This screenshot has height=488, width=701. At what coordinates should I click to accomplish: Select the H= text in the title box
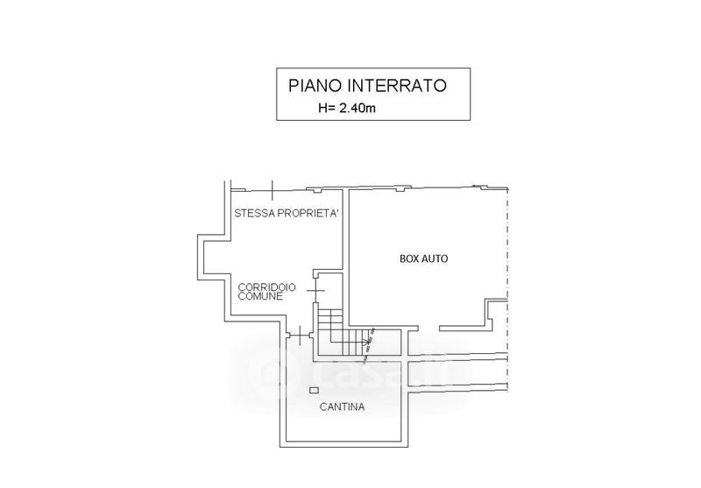(x=326, y=109)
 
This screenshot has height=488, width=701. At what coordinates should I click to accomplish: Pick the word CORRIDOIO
(x=267, y=286)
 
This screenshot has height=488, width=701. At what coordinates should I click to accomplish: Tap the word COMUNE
(x=260, y=297)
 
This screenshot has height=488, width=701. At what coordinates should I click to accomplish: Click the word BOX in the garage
(x=410, y=258)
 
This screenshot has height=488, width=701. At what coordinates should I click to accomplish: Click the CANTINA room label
(x=343, y=407)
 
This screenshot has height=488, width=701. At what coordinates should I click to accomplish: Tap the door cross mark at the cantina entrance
(x=301, y=335)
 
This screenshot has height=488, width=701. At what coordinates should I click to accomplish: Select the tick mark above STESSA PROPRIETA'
(x=273, y=187)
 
